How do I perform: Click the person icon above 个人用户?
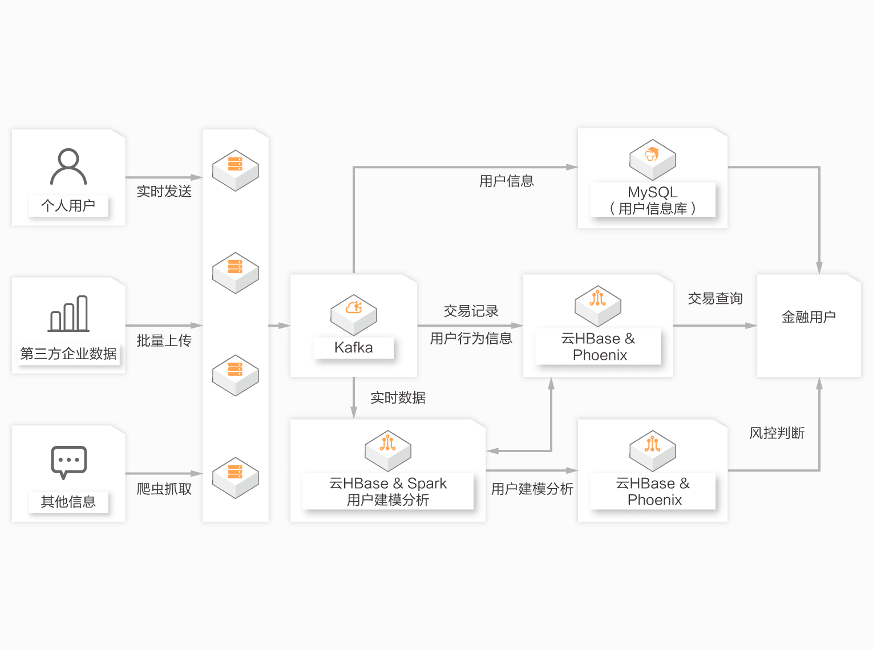pyautogui.click(x=68, y=166)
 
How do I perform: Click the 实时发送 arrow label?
pyautogui.click(x=164, y=192)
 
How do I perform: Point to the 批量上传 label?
pyautogui.click(x=164, y=341)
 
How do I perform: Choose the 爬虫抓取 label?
pyautogui.click(x=164, y=489)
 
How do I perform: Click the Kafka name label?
pyautogui.click(x=353, y=348)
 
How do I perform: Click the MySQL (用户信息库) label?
pyautogui.click(x=652, y=200)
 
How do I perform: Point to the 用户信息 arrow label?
pyautogui.click(x=506, y=181)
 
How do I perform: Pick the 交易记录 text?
pyautogui.click(x=471, y=311)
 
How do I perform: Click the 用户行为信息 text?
pyautogui.click(x=471, y=339)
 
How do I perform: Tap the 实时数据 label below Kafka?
pyautogui.click(x=398, y=398)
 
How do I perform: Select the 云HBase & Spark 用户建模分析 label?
pyautogui.click(x=388, y=491)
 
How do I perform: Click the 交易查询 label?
pyautogui.click(x=715, y=299)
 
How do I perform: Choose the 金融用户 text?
pyautogui.click(x=809, y=317)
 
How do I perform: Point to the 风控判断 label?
pyautogui.click(x=777, y=433)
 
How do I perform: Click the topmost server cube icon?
pyautogui.click(x=235, y=170)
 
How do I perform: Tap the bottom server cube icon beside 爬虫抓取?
pyautogui.click(x=235, y=477)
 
